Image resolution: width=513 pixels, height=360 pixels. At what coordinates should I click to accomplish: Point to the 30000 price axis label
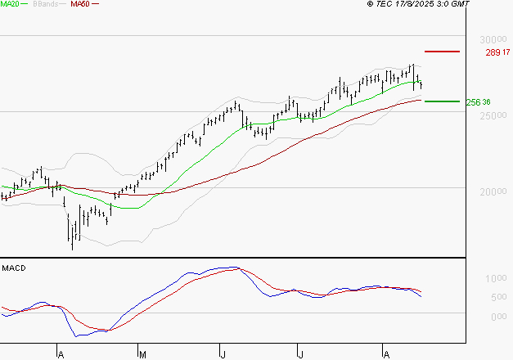coord(492,40)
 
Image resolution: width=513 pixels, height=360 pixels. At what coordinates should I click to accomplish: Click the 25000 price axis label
coord(492,115)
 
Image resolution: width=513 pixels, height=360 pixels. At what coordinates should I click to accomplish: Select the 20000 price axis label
coord(492,191)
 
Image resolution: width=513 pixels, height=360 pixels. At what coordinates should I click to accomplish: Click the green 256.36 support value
coord(478,102)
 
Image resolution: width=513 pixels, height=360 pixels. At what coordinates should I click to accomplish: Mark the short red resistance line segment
coord(443,52)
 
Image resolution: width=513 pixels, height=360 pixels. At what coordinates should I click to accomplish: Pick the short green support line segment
coord(443,101)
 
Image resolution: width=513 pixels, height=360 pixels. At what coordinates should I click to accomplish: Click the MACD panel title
coord(14,268)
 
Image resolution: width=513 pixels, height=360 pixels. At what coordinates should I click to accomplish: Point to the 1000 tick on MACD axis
coord(496,279)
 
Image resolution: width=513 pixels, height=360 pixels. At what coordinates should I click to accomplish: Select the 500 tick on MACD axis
coord(497,296)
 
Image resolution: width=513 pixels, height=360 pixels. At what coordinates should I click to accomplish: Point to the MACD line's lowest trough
coord(77,335)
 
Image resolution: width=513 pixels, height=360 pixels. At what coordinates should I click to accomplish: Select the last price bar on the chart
coord(421,85)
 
